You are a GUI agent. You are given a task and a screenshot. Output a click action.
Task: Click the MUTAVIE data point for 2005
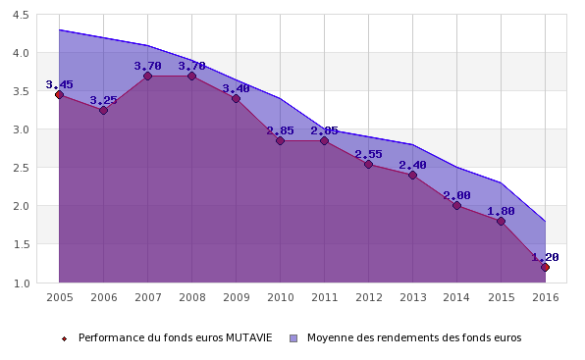(59, 94)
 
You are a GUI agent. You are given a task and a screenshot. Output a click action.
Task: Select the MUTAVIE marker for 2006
(103, 110)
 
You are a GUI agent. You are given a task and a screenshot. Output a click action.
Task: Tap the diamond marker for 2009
(236, 99)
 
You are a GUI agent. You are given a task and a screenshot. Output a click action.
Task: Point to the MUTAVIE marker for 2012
(368, 164)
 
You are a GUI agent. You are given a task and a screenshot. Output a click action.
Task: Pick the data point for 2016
(545, 267)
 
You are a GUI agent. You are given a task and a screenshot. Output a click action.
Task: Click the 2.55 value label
(368, 154)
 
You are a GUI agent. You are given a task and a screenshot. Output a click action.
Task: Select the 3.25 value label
(103, 100)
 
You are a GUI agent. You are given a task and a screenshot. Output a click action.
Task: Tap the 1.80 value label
(501, 211)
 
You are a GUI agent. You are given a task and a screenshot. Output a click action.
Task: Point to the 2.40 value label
(412, 165)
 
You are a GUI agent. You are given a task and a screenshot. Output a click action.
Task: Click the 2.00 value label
(456, 195)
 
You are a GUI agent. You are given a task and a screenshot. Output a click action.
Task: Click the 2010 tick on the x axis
(281, 297)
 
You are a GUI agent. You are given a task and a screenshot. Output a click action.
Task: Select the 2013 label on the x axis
(413, 297)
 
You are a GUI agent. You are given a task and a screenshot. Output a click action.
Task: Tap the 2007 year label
(148, 297)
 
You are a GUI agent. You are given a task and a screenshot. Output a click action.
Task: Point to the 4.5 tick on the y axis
(21, 16)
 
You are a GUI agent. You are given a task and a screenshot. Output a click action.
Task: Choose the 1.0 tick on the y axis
(21, 283)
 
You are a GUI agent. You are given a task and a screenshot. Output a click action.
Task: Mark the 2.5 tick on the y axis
(21, 168)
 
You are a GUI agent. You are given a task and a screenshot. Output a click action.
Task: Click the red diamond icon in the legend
(64, 338)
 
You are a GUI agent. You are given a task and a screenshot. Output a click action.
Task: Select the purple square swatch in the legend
(293, 338)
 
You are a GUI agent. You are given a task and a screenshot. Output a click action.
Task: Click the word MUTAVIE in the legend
(249, 337)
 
